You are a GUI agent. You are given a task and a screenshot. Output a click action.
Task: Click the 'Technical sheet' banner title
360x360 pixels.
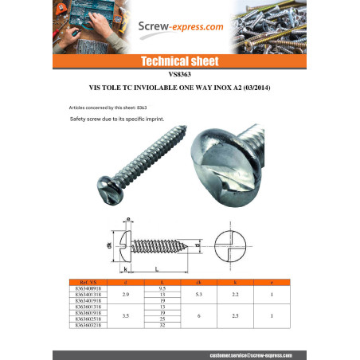coord(179,61)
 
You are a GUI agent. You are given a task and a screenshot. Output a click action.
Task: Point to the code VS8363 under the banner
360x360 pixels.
coord(179,74)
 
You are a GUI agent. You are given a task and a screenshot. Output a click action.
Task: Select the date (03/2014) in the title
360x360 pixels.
coord(254,87)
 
